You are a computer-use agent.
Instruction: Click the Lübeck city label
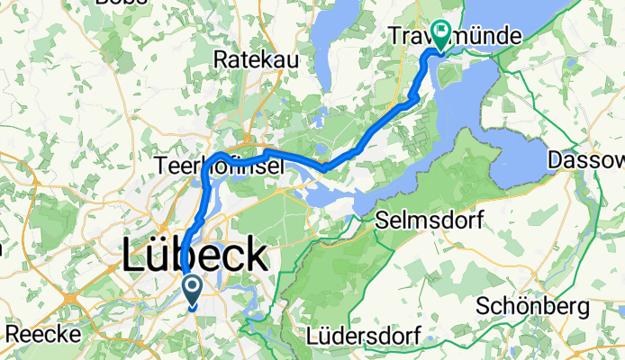click(194, 257)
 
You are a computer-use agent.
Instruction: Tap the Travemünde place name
click(458, 37)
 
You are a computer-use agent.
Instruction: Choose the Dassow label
click(587, 160)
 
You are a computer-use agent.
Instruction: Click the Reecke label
click(42, 334)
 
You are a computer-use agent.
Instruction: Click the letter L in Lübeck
click(131, 257)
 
